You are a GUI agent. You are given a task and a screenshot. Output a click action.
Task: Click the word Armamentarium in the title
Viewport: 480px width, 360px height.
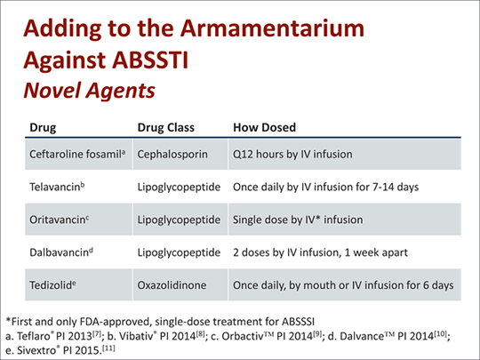272,28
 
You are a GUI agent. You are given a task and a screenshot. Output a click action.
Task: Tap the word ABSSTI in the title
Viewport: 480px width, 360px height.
150,60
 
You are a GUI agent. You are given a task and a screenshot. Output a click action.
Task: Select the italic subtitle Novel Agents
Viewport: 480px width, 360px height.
90,91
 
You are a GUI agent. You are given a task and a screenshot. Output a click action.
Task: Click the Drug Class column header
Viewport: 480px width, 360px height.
166,127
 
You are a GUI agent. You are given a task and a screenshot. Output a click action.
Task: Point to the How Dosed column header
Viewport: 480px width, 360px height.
265,127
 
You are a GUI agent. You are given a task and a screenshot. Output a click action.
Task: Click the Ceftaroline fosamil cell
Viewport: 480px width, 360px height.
77,154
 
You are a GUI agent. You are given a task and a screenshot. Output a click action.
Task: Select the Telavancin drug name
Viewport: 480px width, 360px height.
57,187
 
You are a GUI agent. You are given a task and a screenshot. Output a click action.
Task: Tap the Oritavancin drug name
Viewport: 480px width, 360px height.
60,220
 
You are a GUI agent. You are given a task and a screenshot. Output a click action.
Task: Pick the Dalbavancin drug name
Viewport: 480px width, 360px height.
61,252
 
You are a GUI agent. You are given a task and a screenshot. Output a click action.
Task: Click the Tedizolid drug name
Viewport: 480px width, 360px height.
52,285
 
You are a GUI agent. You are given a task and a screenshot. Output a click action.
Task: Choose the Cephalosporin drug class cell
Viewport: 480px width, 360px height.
172,155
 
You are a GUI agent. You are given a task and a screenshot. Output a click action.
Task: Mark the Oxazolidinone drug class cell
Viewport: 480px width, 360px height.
172,285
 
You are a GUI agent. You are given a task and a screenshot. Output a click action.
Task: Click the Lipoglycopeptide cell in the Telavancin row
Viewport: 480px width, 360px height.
179,187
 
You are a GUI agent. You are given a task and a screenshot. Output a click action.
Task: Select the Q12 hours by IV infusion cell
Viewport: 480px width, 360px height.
292,155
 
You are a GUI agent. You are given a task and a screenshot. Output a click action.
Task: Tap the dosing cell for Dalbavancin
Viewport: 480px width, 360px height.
320,252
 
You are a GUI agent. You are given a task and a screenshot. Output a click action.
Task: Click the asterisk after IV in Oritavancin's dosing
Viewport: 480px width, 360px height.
317,218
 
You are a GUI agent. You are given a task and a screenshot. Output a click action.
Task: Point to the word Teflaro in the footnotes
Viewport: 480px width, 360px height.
34,336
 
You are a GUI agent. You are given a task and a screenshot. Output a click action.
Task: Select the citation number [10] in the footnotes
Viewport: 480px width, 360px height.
441,333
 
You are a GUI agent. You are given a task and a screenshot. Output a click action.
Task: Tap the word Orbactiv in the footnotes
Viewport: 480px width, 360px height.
242,336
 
